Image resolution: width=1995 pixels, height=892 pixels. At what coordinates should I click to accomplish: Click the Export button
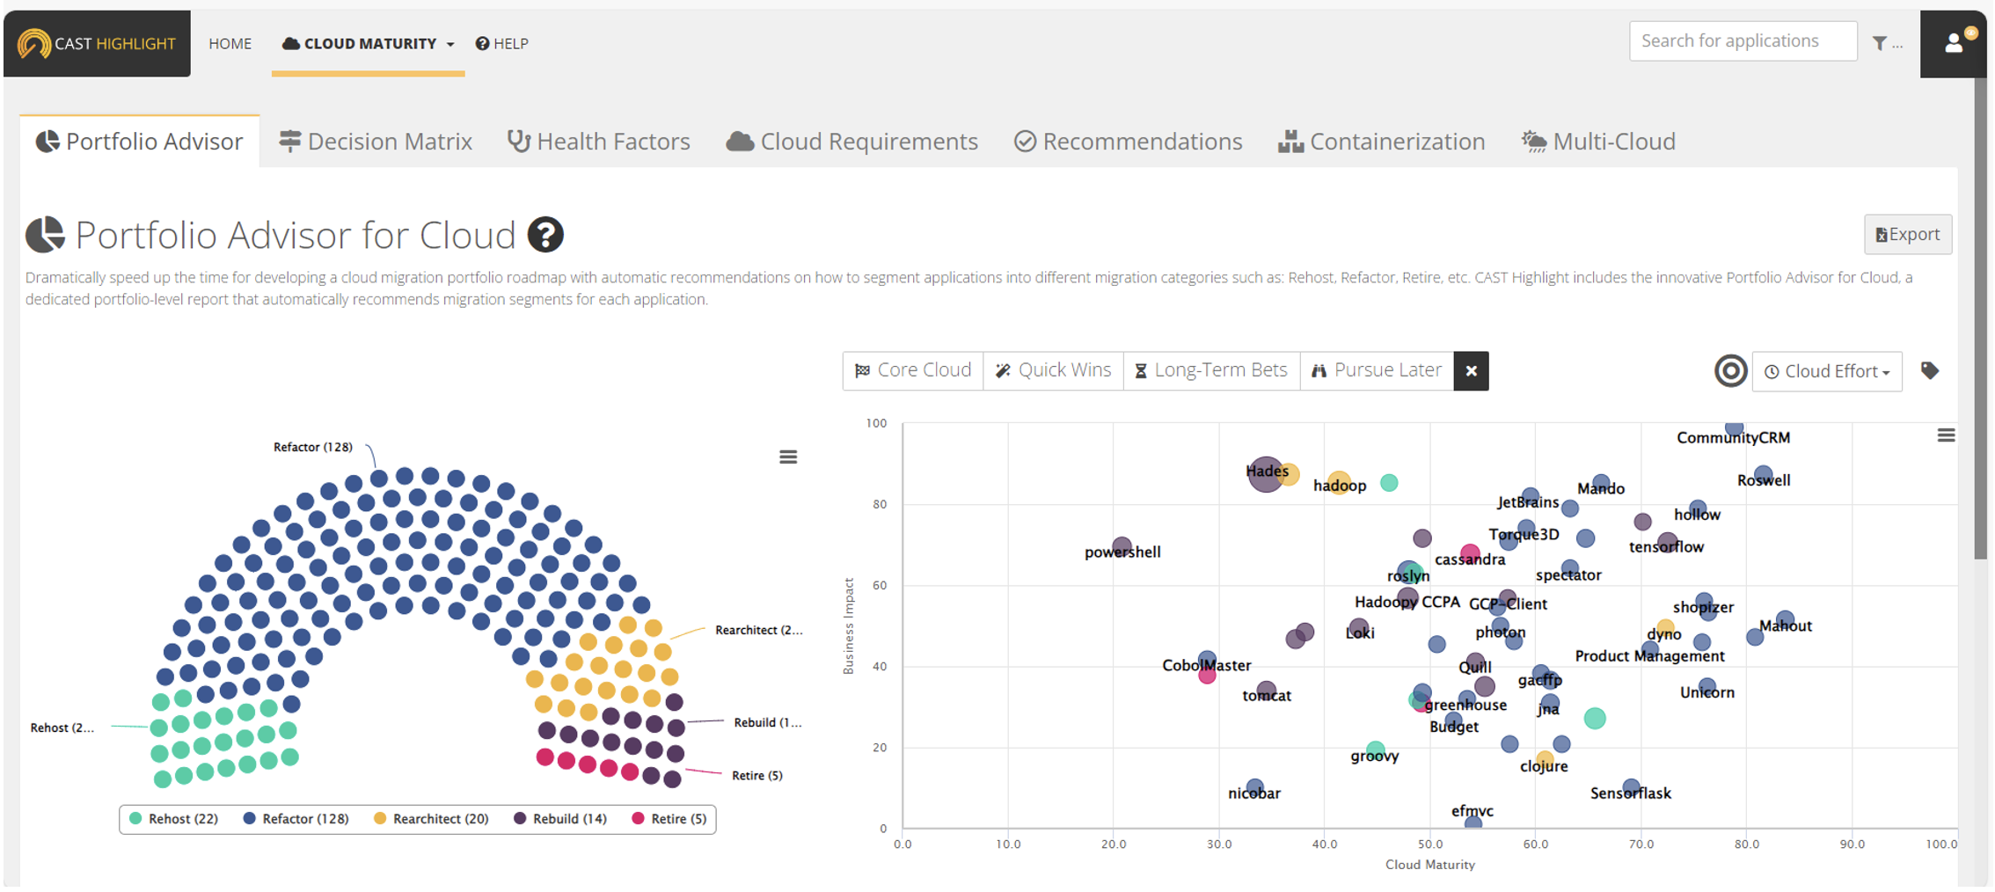(1907, 235)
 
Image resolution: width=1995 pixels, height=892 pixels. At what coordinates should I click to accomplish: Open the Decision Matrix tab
(376, 142)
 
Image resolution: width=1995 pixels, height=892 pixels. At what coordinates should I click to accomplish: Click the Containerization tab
(1381, 142)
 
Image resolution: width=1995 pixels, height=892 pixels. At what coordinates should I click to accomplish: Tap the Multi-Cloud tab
(1598, 142)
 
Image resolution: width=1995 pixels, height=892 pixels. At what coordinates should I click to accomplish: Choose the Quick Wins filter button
(1053, 370)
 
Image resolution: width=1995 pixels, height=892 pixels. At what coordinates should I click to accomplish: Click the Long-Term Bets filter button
(1211, 370)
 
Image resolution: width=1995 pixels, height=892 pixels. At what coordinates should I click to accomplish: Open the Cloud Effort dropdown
(1827, 371)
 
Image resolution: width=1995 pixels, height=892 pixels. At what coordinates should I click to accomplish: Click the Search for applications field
(1742, 41)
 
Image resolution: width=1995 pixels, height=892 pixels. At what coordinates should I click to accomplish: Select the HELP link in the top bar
(502, 44)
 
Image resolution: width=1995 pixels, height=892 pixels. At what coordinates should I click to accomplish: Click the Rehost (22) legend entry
(174, 819)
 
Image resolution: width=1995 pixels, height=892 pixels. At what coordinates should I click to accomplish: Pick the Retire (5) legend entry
(669, 819)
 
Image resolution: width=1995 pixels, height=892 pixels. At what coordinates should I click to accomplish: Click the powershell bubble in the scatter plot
(1122, 546)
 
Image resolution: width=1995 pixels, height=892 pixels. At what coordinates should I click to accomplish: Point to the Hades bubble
(1265, 474)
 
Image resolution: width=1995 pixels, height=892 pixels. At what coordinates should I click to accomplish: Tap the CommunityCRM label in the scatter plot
(1733, 438)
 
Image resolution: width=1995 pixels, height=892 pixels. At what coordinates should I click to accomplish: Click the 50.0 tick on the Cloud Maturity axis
(1429, 844)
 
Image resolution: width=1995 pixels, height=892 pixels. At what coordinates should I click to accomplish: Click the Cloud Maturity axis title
(1429, 865)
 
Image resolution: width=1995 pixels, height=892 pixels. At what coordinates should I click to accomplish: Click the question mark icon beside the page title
(545, 235)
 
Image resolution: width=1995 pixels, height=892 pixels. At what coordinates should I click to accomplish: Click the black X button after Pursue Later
(1471, 371)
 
